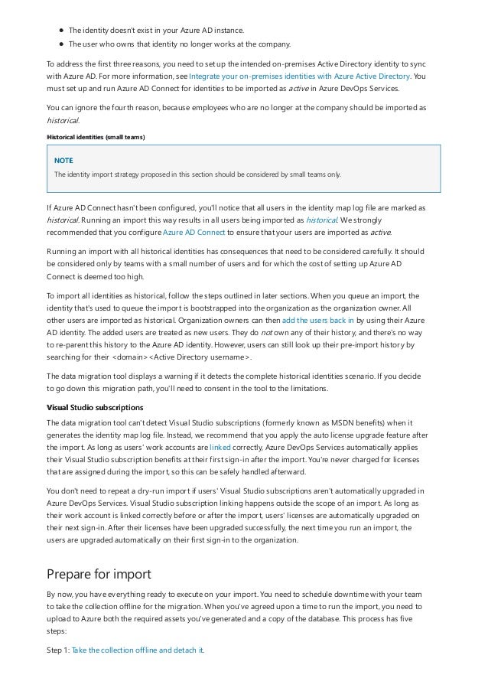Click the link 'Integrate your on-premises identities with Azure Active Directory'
click(x=299, y=77)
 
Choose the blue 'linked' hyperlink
click(x=220, y=444)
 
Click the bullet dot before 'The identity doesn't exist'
click(x=60, y=30)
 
